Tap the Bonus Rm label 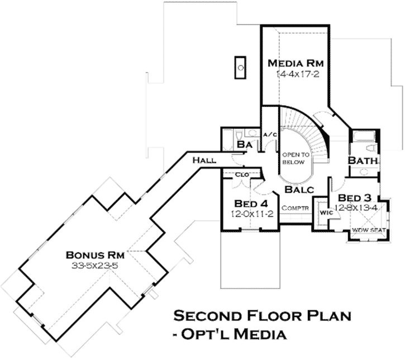click(92, 254)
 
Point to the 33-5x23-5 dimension click(93, 266)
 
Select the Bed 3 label click(355, 198)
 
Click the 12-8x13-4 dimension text click(355, 208)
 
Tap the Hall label click(204, 161)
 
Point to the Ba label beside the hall click(244, 145)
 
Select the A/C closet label click(270, 134)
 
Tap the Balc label click(298, 190)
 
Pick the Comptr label click(295, 208)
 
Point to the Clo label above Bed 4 click(242, 174)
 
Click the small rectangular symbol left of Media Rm click(241, 67)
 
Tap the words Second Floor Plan click(262, 316)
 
